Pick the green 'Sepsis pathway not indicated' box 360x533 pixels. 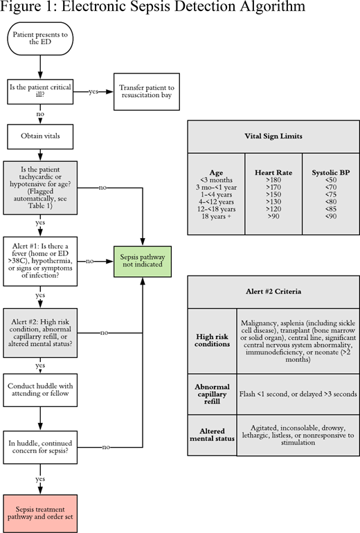click(143, 260)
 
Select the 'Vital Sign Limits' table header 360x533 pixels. click(273, 136)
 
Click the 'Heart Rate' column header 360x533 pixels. click(273, 173)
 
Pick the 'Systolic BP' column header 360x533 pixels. click(330, 173)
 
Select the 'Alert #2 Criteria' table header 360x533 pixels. click(273, 291)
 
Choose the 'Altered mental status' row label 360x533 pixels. click(212, 435)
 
